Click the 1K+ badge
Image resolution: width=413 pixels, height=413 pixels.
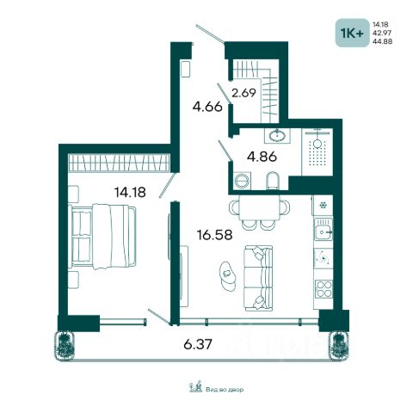(x=352, y=33)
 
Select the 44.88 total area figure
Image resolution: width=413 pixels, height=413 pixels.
(x=382, y=41)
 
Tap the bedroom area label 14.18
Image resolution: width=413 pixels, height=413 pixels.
(x=130, y=192)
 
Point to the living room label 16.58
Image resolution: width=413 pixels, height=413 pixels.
(x=214, y=235)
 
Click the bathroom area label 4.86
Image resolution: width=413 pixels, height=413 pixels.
(x=262, y=157)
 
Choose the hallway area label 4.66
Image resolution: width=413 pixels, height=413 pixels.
(x=207, y=107)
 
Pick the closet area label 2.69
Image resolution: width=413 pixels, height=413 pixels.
(x=243, y=93)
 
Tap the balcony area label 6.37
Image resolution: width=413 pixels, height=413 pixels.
(x=198, y=344)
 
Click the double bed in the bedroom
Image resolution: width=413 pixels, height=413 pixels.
(x=102, y=237)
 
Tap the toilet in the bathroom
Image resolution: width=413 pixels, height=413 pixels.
(x=272, y=181)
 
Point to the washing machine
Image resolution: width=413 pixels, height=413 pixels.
(x=243, y=181)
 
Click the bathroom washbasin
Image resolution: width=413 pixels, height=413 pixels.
(x=277, y=135)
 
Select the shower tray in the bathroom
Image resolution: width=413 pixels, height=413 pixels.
(x=317, y=152)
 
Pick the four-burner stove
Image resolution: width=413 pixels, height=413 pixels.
(x=324, y=289)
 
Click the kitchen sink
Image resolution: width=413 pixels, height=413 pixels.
(x=324, y=229)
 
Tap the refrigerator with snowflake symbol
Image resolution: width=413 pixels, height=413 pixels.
(x=323, y=206)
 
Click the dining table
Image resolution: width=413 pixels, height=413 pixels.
(x=260, y=208)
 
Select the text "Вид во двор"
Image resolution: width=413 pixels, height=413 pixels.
(x=225, y=390)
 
